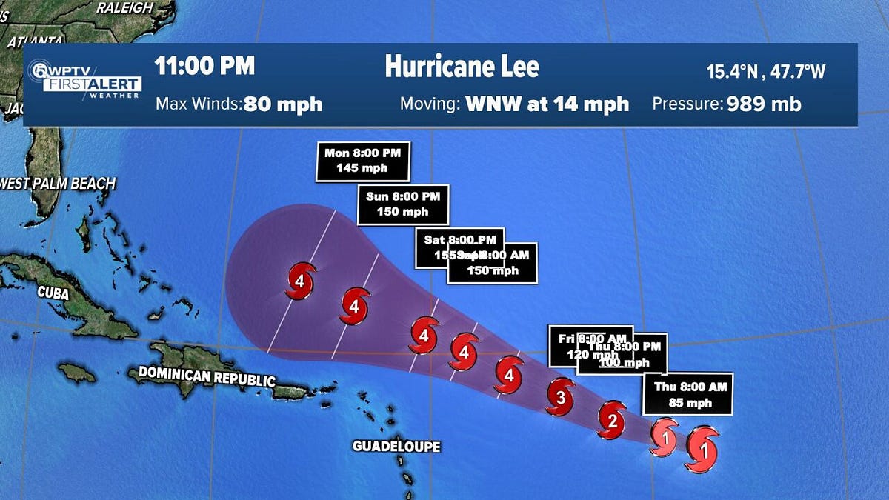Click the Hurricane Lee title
point(462,67)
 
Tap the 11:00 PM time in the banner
point(204,66)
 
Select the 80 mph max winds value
point(283,104)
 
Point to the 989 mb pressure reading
point(764,104)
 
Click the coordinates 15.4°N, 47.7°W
point(766,72)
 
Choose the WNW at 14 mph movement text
point(547,104)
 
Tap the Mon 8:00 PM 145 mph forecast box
point(362,161)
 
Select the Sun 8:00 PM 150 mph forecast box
point(403,204)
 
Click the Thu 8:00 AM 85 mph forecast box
point(687,394)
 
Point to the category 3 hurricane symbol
point(562,398)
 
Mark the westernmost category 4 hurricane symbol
point(300,281)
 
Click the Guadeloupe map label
point(396,447)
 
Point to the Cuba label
point(53,293)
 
